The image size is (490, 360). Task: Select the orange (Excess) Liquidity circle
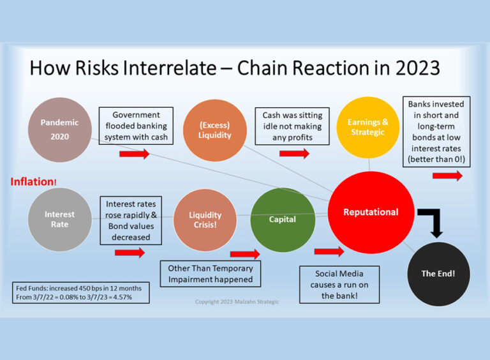click(x=215, y=130)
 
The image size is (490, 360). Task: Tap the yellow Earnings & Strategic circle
click(x=367, y=127)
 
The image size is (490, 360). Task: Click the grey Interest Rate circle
click(x=60, y=220)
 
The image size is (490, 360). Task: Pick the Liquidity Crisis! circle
click(x=205, y=220)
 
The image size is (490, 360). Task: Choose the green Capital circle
click(x=282, y=219)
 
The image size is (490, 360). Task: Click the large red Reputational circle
click(x=371, y=212)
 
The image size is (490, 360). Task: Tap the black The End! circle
click(x=438, y=273)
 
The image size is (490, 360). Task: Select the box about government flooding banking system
click(x=136, y=125)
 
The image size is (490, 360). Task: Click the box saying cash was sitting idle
click(x=292, y=125)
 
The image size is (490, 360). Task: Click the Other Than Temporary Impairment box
click(x=210, y=274)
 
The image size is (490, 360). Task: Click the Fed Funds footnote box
click(x=80, y=292)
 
